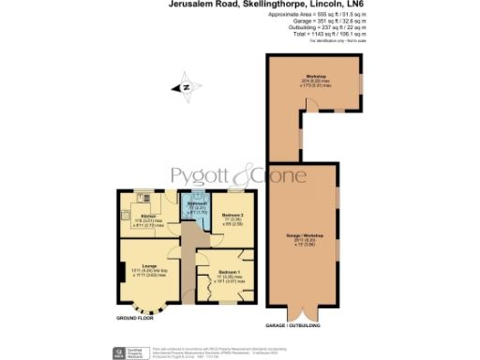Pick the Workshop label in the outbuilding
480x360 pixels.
coord(315,76)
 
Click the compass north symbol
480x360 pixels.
coord(186,87)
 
